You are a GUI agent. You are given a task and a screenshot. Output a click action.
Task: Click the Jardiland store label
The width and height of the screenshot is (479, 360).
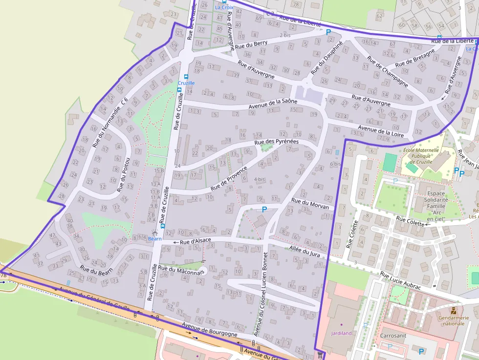tap(341, 333)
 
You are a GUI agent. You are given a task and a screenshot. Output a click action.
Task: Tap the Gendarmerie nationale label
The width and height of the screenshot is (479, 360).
tap(454, 320)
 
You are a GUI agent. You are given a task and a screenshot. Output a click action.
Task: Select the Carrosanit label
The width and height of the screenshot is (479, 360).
tap(394, 337)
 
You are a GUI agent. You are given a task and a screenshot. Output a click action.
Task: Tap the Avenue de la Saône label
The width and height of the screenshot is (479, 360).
tap(273, 101)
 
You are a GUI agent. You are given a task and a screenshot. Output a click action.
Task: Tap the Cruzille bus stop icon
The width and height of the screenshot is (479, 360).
tap(186, 77)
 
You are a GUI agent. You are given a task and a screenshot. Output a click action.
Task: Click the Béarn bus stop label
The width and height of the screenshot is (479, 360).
tap(154, 239)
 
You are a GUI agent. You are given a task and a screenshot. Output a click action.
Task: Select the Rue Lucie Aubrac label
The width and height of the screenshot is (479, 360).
tap(400, 281)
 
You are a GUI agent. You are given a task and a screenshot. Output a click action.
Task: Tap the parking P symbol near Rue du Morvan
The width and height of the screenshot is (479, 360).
tap(264, 209)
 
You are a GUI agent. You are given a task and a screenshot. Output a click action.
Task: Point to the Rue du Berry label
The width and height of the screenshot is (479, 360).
tap(251, 45)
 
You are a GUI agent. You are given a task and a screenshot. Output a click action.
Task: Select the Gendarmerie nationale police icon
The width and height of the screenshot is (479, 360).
tap(454, 310)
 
